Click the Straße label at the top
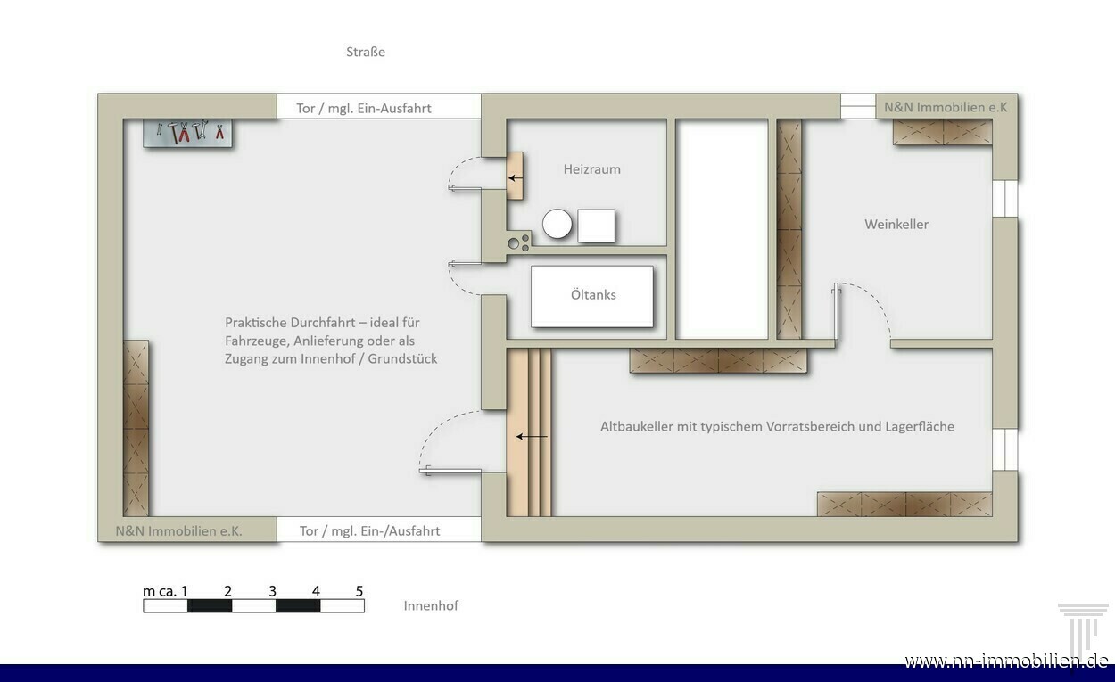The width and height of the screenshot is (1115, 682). [x=366, y=52]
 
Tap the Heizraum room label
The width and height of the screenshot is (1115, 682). [x=592, y=169]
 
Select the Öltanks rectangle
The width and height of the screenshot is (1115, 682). [x=592, y=297]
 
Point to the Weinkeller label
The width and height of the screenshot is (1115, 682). [x=896, y=225]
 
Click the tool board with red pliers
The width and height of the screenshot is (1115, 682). [x=187, y=133]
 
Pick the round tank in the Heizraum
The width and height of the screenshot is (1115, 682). [x=557, y=225]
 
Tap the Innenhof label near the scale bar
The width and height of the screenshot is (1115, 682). [x=431, y=605]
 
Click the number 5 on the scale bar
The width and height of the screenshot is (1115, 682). [x=359, y=591]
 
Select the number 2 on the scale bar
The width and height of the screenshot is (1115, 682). [x=227, y=591]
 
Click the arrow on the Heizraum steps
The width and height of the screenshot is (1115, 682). [x=516, y=177]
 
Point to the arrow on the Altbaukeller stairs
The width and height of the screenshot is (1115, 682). [x=531, y=437]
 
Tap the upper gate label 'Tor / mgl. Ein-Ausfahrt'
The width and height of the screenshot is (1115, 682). [x=364, y=109]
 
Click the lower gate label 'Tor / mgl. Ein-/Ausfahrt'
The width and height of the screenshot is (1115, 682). [x=369, y=531]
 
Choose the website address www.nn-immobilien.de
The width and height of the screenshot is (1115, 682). [x=1006, y=661]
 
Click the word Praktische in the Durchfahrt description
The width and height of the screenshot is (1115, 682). [x=255, y=323]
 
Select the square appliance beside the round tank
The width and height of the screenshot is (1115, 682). [x=596, y=226]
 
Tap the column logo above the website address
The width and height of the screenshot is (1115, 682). [x=1083, y=628]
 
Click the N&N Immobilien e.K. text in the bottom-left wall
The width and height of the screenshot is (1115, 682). [x=178, y=531]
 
